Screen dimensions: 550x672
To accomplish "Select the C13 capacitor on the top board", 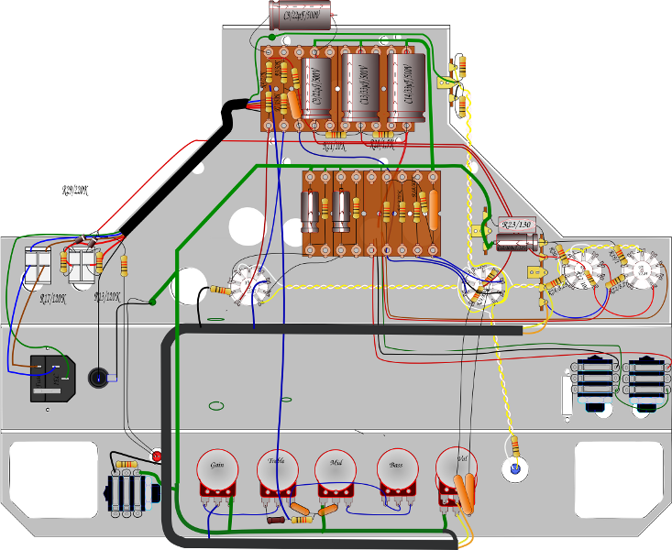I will tap(359, 83).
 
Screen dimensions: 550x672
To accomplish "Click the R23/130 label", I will tap(515, 224).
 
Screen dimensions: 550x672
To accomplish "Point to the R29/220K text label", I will tap(80, 191).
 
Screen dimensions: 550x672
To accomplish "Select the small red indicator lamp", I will tap(157, 456).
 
